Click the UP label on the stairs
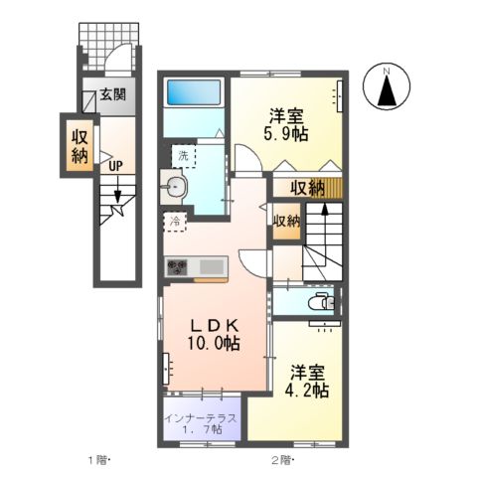115,166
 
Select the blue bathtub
195,93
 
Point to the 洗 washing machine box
183,155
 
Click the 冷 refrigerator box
175,222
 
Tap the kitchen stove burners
177,266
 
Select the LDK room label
214,324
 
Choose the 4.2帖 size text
309,392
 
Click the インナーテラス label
201,418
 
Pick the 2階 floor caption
282,460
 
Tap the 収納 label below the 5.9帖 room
305,188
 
